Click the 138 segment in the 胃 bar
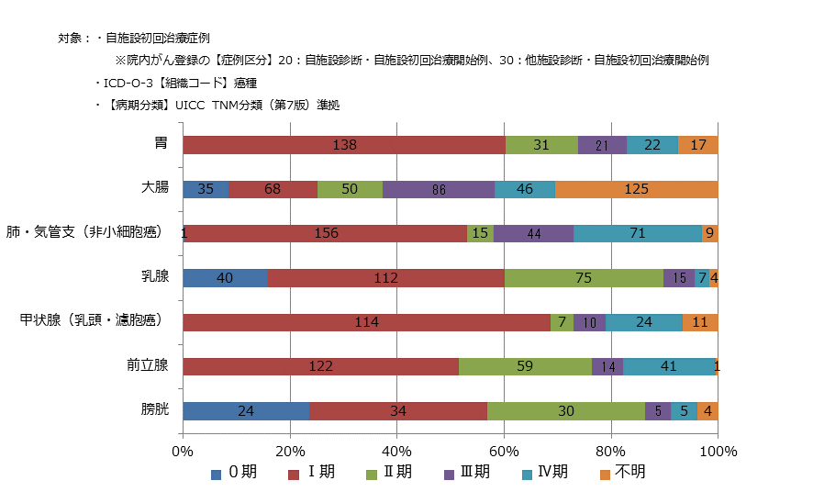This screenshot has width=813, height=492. [344, 145]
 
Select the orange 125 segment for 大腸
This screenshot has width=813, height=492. [636, 190]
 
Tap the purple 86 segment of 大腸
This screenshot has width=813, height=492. [438, 190]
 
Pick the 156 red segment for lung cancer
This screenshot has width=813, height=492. [326, 233]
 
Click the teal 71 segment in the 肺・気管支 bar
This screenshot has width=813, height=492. [637, 233]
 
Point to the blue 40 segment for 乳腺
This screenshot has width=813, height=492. [225, 278]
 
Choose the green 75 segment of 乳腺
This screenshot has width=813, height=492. [584, 278]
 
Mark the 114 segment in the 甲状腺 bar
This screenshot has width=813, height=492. [366, 322]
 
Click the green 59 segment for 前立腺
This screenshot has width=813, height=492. [525, 367]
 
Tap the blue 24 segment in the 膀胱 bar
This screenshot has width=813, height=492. [246, 411]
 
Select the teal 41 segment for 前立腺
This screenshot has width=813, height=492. [668, 367]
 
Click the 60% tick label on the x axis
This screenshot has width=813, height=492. [504, 451]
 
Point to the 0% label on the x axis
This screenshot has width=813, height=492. [183, 451]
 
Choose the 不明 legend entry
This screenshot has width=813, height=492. [622, 473]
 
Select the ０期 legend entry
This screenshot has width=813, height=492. [235, 473]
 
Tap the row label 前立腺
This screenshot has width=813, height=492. [147, 365]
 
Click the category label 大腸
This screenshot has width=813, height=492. [154, 187]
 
